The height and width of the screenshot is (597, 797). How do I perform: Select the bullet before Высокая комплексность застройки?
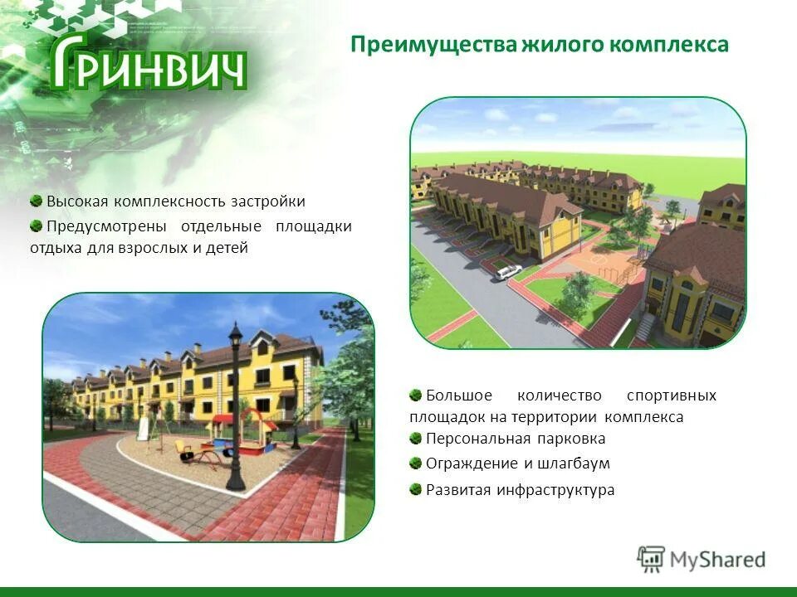pyautogui.click(x=37, y=201)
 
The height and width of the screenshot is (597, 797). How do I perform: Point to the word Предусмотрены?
pyautogui.click(x=106, y=226)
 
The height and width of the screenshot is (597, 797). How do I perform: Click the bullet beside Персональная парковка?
pyautogui.click(x=416, y=438)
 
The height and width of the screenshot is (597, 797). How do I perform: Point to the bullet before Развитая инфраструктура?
pyautogui.click(x=416, y=488)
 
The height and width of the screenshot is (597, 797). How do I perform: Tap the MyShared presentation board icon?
pyautogui.click(x=652, y=559)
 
